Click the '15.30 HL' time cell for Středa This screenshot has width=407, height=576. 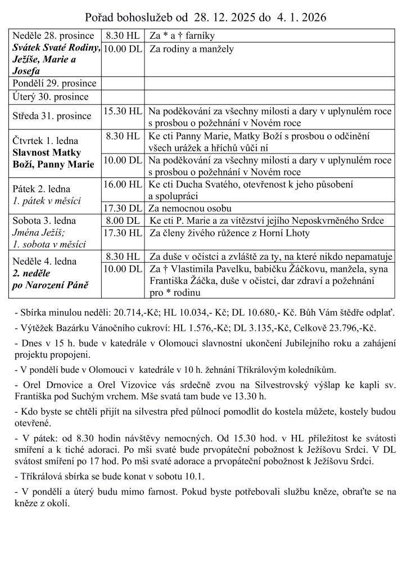pos(122,111)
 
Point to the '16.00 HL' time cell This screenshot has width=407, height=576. pos(122,184)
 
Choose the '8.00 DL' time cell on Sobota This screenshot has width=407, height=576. pos(122,220)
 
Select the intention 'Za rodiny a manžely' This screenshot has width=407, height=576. pos(191,49)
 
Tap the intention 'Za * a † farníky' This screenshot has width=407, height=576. pos(182,36)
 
